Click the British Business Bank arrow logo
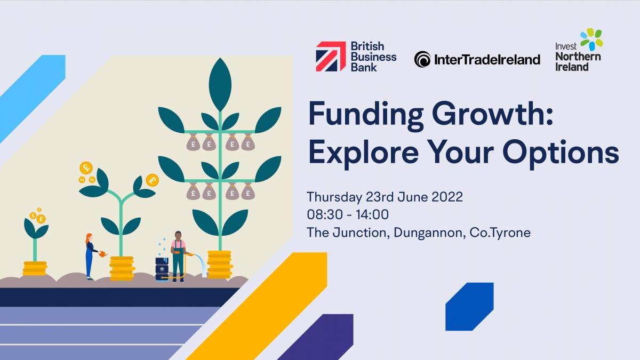(x=331, y=57)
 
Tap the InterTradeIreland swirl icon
(x=422, y=59)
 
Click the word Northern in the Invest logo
(x=578, y=57)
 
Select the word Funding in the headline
(x=366, y=115)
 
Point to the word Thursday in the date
(x=334, y=197)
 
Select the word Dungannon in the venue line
(x=428, y=233)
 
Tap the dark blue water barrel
(x=162, y=269)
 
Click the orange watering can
(x=103, y=253)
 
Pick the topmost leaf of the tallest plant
(x=220, y=84)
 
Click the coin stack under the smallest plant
(x=35, y=269)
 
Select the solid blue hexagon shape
(x=469, y=307)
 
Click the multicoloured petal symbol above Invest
(x=592, y=39)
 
